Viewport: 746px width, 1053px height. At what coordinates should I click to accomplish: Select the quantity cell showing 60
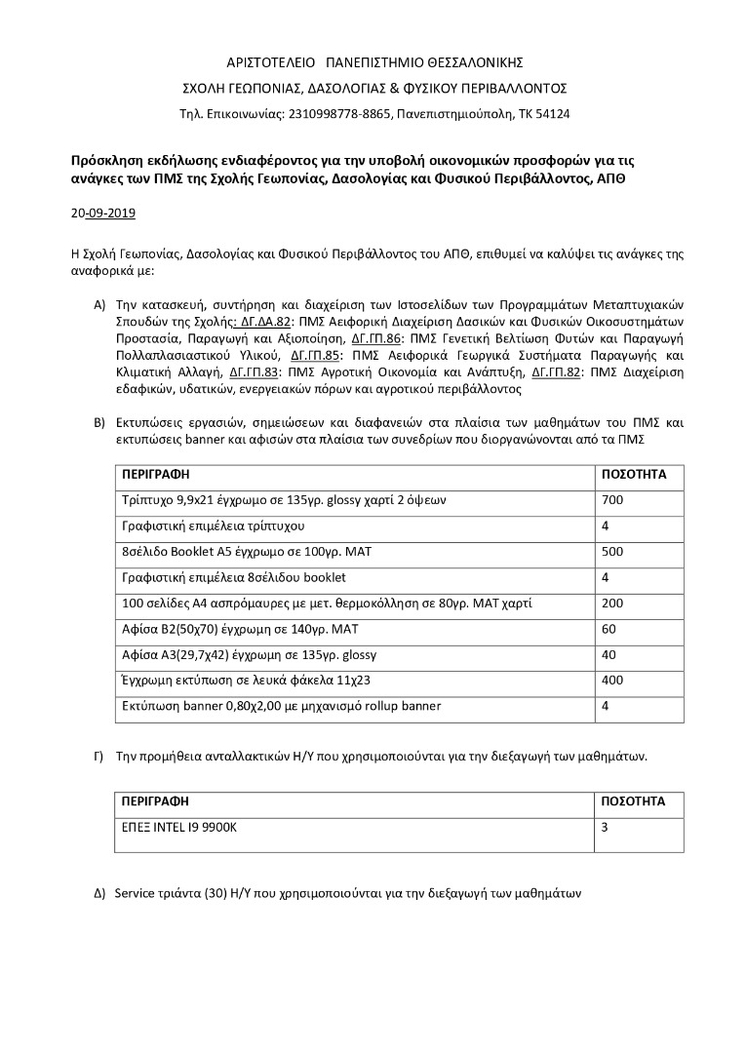point(610,629)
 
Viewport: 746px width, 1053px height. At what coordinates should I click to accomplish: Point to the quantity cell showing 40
point(610,654)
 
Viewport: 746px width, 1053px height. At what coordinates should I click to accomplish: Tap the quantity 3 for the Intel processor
point(607,827)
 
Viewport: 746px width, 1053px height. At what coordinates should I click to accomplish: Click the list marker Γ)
point(98,756)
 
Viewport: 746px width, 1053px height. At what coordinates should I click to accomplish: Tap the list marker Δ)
point(98,892)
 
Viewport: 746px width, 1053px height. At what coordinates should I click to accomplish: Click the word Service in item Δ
point(136,892)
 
